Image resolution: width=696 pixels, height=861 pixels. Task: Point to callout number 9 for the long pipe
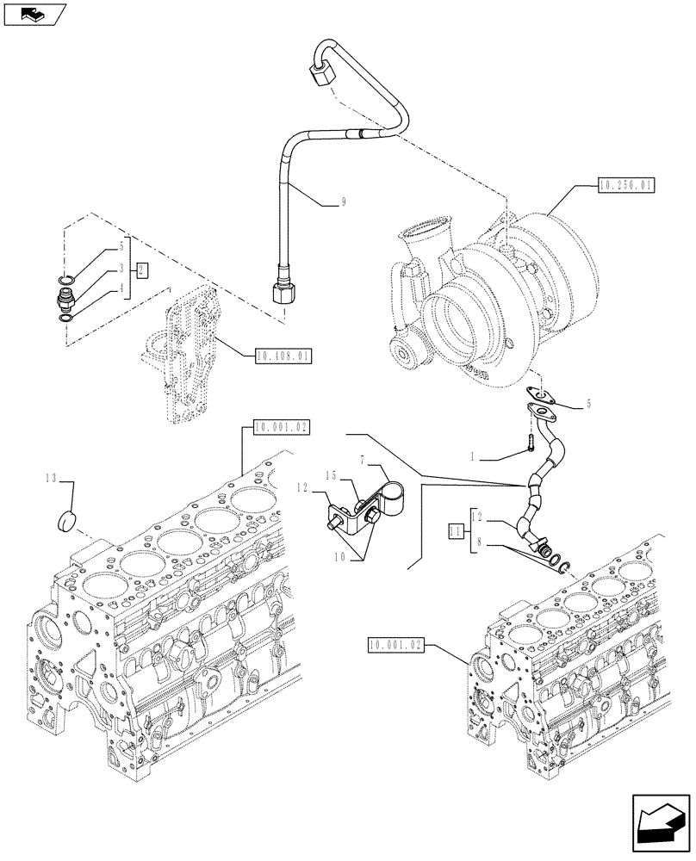343,202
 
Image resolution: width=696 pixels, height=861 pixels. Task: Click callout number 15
330,476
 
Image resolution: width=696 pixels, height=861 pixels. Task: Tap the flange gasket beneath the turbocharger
541,400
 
